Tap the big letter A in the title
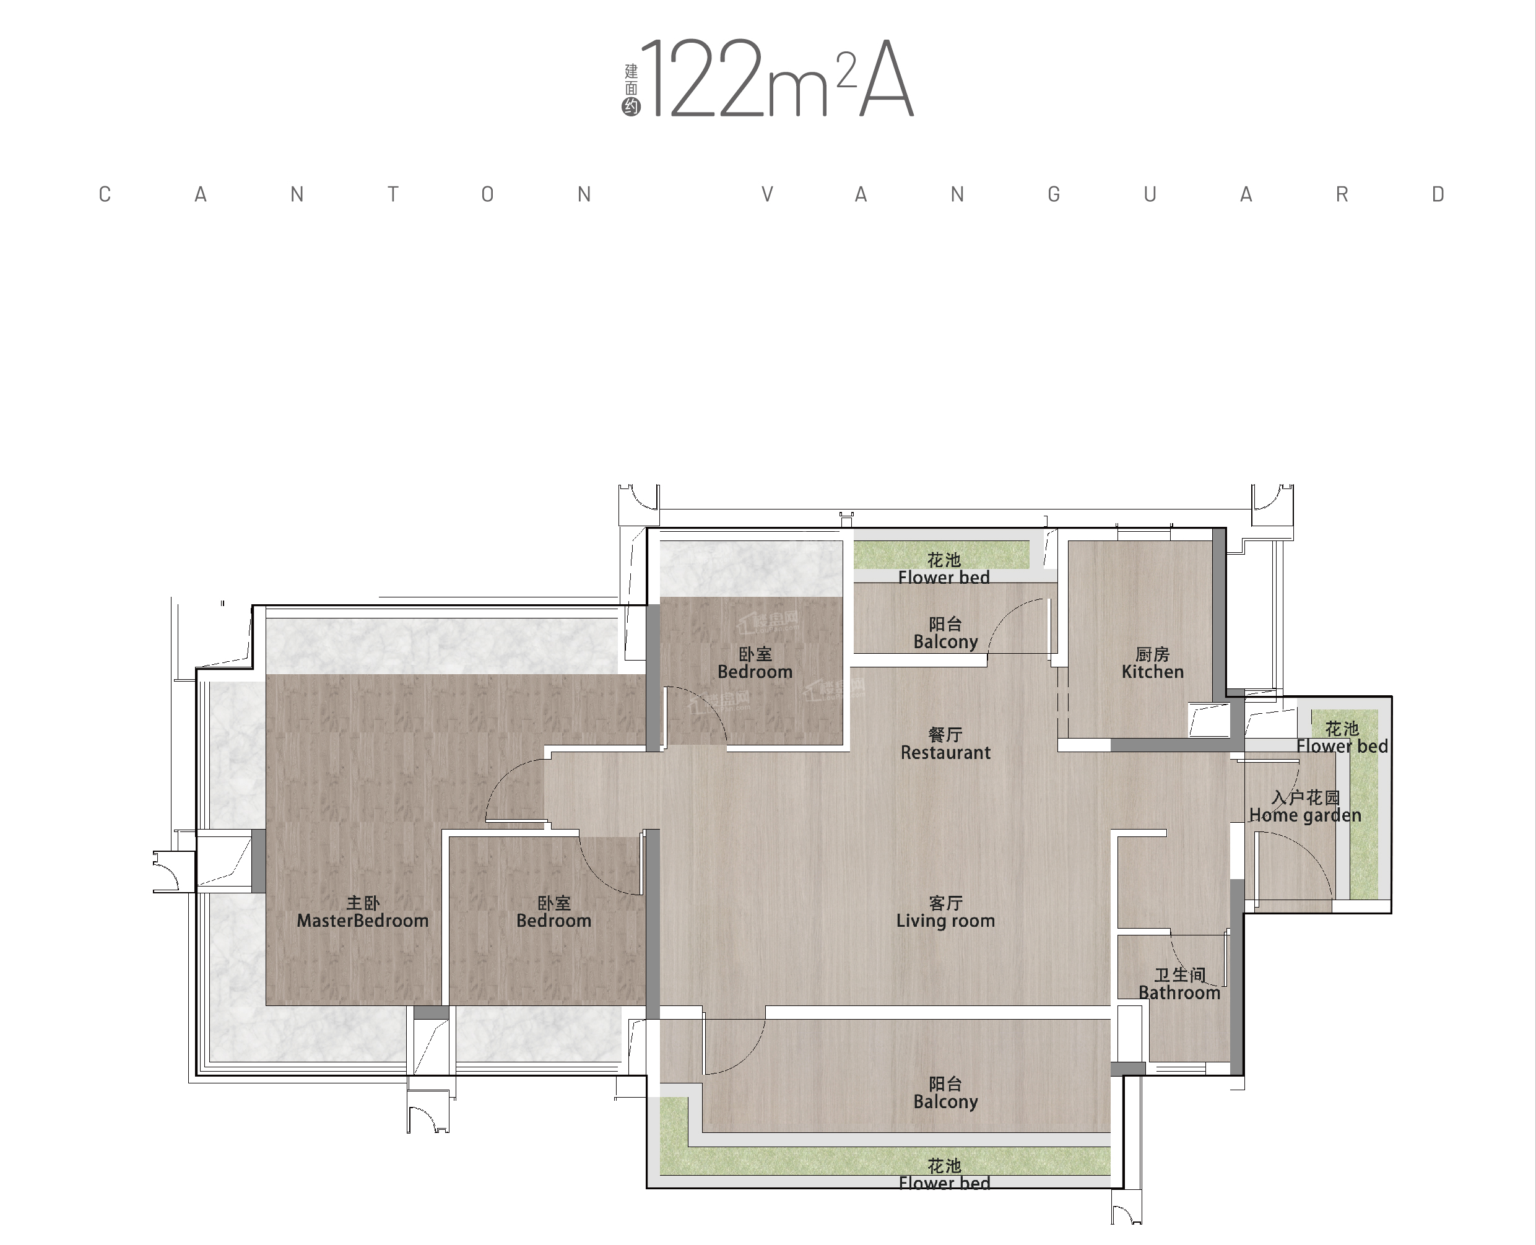(887, 78)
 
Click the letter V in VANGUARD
(767, 194)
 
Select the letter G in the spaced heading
(1053, 194)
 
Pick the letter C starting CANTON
(105, 194)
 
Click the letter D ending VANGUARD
(1438, 194)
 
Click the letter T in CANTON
(393, 194)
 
